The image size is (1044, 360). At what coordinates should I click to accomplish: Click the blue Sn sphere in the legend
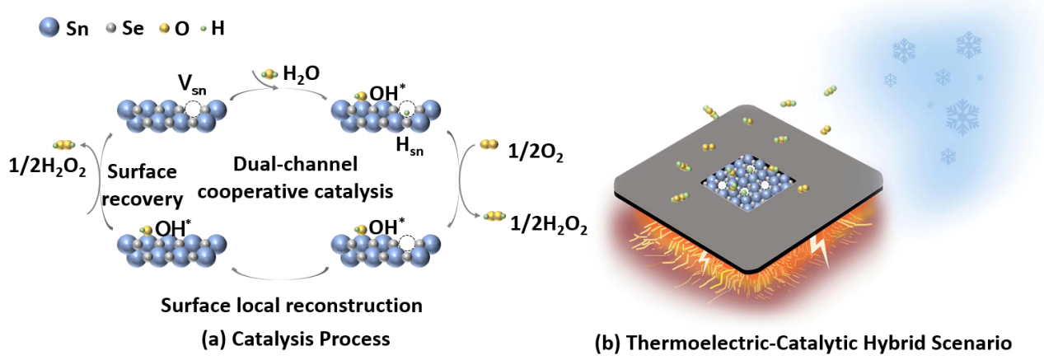tap(50, 28)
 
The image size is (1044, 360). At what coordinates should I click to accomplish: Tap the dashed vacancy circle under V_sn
tap(192, 109)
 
